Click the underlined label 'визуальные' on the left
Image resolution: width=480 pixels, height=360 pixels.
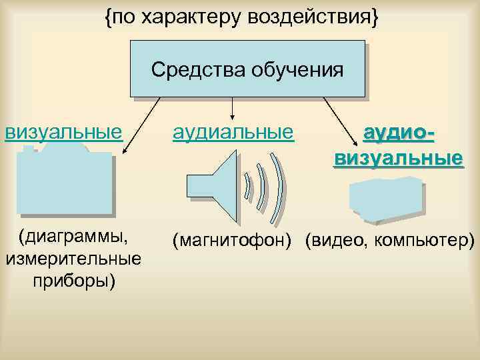pos(64,131)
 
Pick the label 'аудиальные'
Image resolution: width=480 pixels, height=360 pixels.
pos(233,131)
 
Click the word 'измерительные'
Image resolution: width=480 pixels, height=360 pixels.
pos(73,259)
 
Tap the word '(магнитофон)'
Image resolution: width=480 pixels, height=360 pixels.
pos(232,239)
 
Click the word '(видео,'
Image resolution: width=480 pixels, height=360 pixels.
pos(335,239)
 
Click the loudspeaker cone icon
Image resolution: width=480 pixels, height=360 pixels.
pos(219,186)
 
